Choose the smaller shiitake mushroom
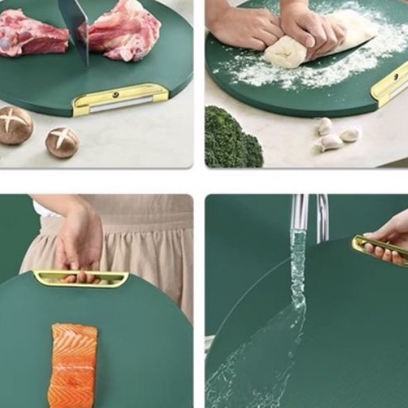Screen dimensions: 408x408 pyautogui.click(x=63, y=142)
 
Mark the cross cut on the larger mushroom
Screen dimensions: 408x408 pyautogui.click(x=14, y=121)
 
